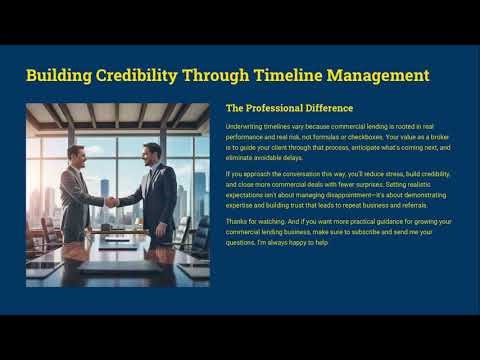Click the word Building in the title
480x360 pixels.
[63, 76]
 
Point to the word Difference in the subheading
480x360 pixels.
[326, 108]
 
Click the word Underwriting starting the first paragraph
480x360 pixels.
[249, 127]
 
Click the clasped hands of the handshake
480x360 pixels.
[113, 200]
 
